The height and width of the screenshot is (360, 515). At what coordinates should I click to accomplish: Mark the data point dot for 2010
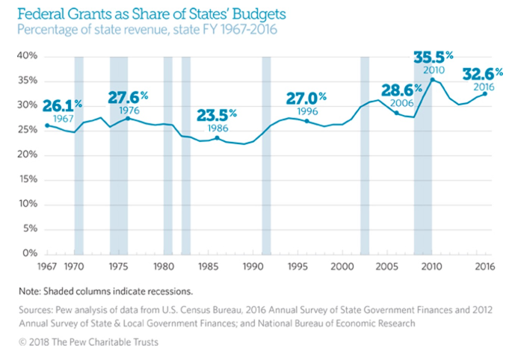[433, 79]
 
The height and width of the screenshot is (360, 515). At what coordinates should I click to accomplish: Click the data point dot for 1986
[217, 138]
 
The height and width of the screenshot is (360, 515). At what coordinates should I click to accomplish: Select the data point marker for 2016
[485, 93]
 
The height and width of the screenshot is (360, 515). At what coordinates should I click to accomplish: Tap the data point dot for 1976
[128, 118]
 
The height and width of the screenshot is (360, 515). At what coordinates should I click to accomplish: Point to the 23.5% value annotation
[217, 115]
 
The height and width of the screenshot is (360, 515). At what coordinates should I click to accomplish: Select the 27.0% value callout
[307, 98]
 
